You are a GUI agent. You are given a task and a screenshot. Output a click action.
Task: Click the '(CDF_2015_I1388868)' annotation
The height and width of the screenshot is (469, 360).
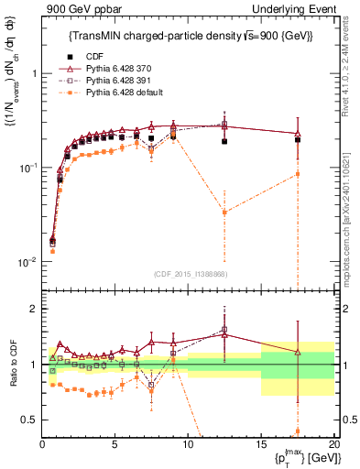click(x=189, y=273)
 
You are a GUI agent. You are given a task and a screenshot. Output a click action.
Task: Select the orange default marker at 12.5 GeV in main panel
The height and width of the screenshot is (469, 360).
click(x=224, y=213)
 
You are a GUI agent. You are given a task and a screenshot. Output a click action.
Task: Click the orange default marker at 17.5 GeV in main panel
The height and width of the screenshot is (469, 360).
click(x=297, y=174)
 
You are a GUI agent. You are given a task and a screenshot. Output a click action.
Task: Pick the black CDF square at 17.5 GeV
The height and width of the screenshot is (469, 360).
click(x=297, y=140)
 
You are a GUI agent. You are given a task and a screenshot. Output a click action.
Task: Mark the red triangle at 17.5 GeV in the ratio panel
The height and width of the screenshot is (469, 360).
click(x=297, y=352)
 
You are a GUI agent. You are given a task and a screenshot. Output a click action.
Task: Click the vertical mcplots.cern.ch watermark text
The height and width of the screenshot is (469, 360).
click(x=353, y=211)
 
